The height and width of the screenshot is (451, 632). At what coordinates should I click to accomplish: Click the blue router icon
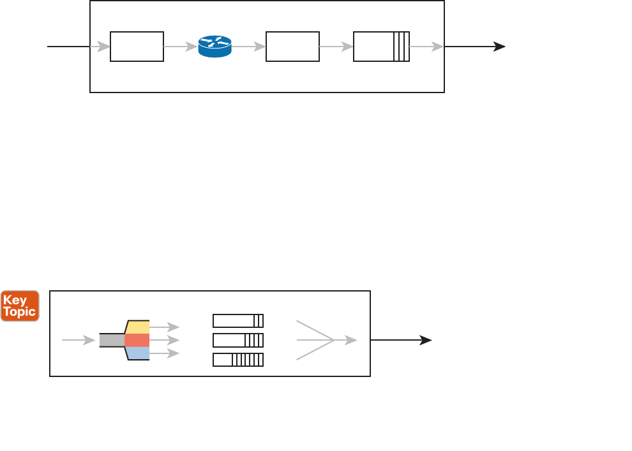214,47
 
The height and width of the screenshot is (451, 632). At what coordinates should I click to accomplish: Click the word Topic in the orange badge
20,312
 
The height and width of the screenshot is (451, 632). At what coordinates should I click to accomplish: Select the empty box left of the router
137,47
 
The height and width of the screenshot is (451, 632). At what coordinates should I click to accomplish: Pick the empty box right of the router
292,47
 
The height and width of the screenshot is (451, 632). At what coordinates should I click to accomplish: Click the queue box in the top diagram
381,47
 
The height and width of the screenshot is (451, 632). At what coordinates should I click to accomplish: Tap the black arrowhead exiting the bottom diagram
425,340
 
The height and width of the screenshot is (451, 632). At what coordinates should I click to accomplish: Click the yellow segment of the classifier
138,327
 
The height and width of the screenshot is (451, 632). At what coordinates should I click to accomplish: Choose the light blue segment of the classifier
138,353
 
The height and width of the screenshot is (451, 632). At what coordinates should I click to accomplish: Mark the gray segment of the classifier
112,340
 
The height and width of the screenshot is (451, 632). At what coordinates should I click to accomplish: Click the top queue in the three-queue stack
238,320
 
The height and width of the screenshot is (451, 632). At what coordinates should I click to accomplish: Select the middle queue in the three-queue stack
238,340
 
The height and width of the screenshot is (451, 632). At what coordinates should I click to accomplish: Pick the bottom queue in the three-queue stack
238,360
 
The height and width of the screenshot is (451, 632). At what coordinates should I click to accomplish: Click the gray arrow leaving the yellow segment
165,327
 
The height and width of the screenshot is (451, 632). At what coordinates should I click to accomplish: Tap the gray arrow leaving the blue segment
165,353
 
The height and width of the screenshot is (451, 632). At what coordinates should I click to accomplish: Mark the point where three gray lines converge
335,340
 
